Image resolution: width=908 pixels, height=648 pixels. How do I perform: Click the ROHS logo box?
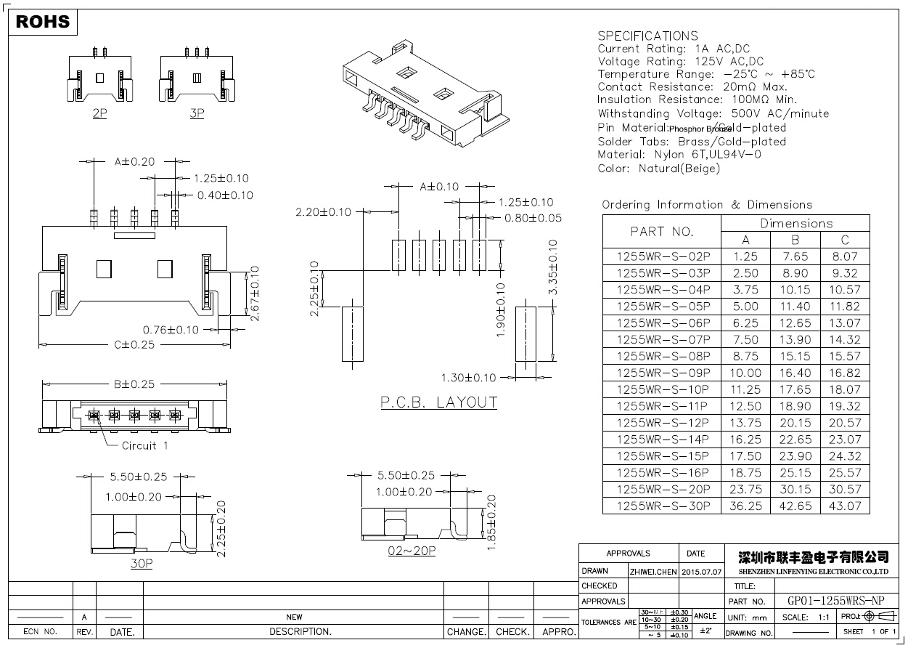tap(43, 22)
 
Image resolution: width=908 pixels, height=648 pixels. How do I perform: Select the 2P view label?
tap(100, 113)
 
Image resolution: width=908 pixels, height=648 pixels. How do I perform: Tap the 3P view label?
tap(196, 113)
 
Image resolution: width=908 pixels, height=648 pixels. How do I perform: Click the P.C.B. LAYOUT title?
tap(439, 402)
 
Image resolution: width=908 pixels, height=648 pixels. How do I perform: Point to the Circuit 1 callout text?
tap(144, 445)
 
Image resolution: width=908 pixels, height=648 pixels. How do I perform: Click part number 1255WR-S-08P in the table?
tap(663, 356)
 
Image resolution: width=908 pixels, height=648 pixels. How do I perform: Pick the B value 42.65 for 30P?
tap(795, 506)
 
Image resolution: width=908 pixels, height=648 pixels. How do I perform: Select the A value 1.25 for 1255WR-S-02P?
tap(745, 256)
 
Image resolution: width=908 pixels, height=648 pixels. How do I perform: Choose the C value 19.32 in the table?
tap(845, 406)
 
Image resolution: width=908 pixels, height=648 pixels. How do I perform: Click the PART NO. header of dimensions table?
tap(662, 232)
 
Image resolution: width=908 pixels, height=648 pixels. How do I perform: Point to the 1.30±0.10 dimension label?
tap(469, 378)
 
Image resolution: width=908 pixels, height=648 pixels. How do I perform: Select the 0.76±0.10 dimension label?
tap(171, 330)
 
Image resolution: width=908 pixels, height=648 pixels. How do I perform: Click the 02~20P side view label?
tap(412, 551)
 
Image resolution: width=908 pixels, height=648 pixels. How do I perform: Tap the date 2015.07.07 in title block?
tap(702, 572)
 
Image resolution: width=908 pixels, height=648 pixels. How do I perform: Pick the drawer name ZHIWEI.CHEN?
tap(654, 572)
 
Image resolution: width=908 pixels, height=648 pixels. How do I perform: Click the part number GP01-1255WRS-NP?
tap(836, 601)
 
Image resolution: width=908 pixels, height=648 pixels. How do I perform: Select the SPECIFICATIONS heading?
tap(647, 36)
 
